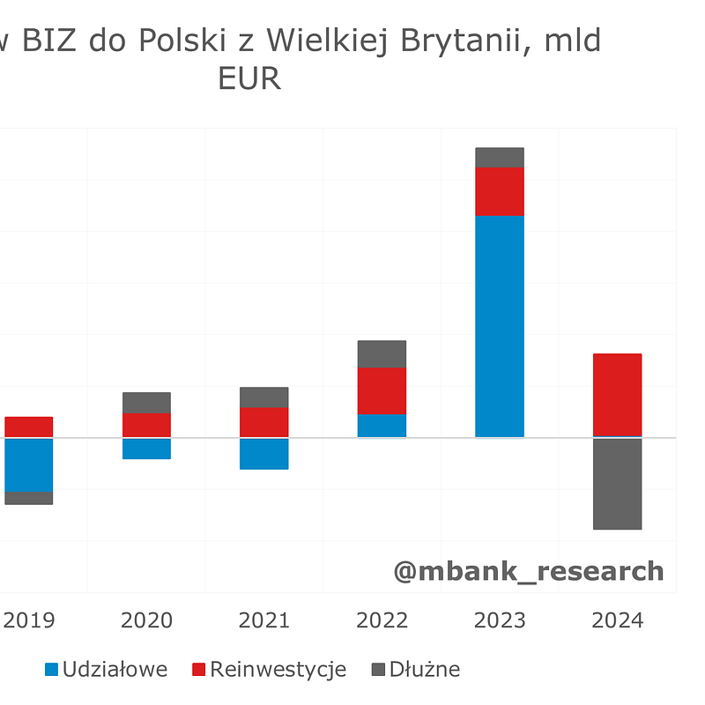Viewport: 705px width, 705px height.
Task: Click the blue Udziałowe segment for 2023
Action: (x=500, y=326)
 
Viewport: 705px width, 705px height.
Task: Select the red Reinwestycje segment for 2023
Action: (x=500, y=191)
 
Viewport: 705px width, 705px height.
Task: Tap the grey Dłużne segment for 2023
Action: (x=500, y=158)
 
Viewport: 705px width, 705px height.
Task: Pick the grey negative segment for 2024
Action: (x=617, y=483)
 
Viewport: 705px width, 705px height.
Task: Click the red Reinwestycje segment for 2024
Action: (x=617, y=395)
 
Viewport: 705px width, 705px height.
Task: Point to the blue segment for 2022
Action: (x=382, y=426)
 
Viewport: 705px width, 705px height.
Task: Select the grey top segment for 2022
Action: (x=382, y=354)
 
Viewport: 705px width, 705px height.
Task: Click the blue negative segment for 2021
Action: (x=264, y=453)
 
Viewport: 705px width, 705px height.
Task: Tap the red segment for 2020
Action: (x=146, y=425)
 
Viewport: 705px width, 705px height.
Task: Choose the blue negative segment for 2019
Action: (x=28, y=464)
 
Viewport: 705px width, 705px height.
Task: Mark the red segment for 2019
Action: (x=28, y=427)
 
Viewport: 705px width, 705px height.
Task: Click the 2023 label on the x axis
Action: (x=500, y=620)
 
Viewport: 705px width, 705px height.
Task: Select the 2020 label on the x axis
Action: (x=146, y=620)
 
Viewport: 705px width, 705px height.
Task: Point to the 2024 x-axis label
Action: (x=617, y=620)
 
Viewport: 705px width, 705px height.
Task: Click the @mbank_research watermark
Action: (x=529, y=571)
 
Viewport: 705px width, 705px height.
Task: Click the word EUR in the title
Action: (x=249, y=79)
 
